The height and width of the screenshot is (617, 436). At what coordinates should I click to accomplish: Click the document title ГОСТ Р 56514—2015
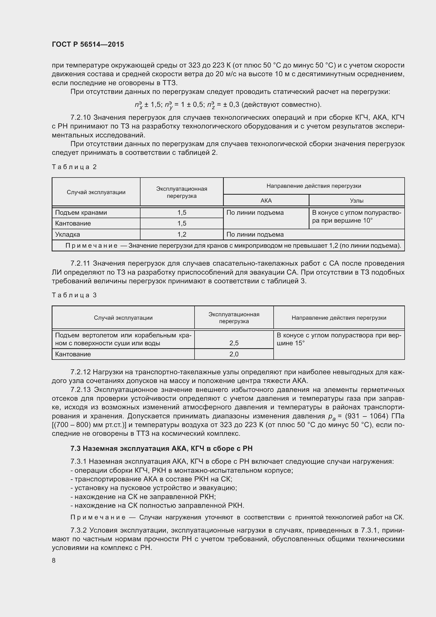pos(88,44)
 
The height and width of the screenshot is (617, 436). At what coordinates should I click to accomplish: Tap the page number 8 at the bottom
pos(54,560)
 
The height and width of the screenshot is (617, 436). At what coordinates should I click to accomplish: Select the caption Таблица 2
pos(74,167)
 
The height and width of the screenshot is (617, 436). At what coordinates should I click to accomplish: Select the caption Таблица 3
pos(74,295)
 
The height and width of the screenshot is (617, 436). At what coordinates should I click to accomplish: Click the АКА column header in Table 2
pos(266,200)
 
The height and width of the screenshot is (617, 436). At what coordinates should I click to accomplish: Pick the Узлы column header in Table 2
pos(357,200)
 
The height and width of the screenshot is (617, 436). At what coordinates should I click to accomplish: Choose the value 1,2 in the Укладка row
pos(182,234)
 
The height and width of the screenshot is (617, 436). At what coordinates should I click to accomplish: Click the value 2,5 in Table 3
pos(234,343)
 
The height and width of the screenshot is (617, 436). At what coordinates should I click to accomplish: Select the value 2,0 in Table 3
pos(234,354)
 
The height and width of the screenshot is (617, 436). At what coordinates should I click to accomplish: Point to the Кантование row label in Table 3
pos(73,354)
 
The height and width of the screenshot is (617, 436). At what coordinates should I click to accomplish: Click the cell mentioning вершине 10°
pos(357,217)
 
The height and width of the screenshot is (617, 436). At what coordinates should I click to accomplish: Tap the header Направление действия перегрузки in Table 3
pos(339,318)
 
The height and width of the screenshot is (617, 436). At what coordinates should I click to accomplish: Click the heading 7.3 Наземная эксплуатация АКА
pos(161,448)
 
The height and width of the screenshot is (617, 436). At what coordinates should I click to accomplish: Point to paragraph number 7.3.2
pos(79,530)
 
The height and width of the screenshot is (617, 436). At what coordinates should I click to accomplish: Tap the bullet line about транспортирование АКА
pos(152,479)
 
